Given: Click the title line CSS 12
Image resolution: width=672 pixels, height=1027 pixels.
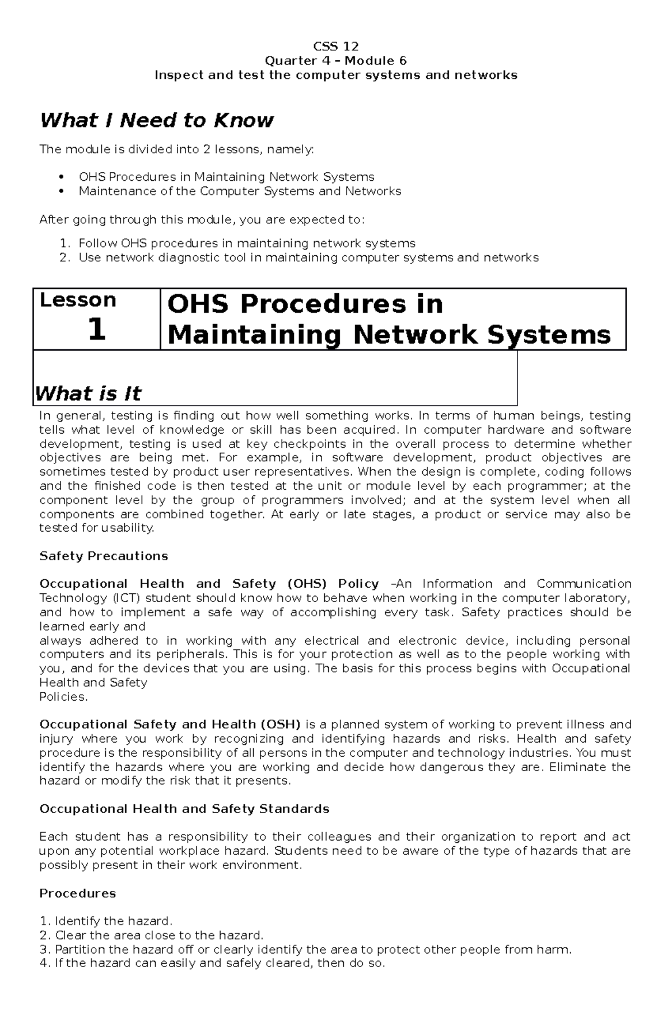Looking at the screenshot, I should point(336,46).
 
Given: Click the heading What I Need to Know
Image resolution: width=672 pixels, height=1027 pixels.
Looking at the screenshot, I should point(156,120).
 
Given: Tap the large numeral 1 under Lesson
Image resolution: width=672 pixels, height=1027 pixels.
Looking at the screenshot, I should point(96,330).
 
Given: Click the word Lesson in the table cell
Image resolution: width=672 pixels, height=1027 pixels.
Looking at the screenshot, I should point(78,301).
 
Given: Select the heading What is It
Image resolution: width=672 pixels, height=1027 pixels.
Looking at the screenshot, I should point(88,393).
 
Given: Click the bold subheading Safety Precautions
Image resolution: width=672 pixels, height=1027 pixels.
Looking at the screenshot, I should point(104,556).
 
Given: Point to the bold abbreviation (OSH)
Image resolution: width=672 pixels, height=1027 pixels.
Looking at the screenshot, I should point(281,724).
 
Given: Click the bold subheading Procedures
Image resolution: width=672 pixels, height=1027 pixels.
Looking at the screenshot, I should point(77,893).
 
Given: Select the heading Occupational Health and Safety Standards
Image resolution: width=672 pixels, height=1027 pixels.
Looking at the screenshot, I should point(184,809).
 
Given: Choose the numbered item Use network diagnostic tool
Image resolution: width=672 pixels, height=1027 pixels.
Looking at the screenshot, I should point(308,258).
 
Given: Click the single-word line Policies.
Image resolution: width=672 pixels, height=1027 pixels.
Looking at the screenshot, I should point(63,697).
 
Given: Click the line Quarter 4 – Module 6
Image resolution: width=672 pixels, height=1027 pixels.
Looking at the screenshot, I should point(336,60).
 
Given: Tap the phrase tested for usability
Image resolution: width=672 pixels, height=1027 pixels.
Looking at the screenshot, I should point(96,528).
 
